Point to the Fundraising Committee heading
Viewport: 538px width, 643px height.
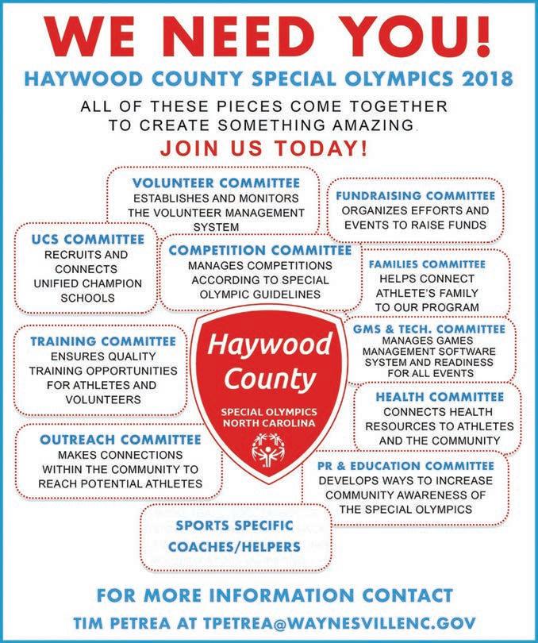point(414,195)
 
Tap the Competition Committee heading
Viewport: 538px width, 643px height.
point(259,250)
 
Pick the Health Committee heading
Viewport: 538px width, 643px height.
point(439,396)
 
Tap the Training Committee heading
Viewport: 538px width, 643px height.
point(102,341)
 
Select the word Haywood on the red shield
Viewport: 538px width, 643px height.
point(270,345)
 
